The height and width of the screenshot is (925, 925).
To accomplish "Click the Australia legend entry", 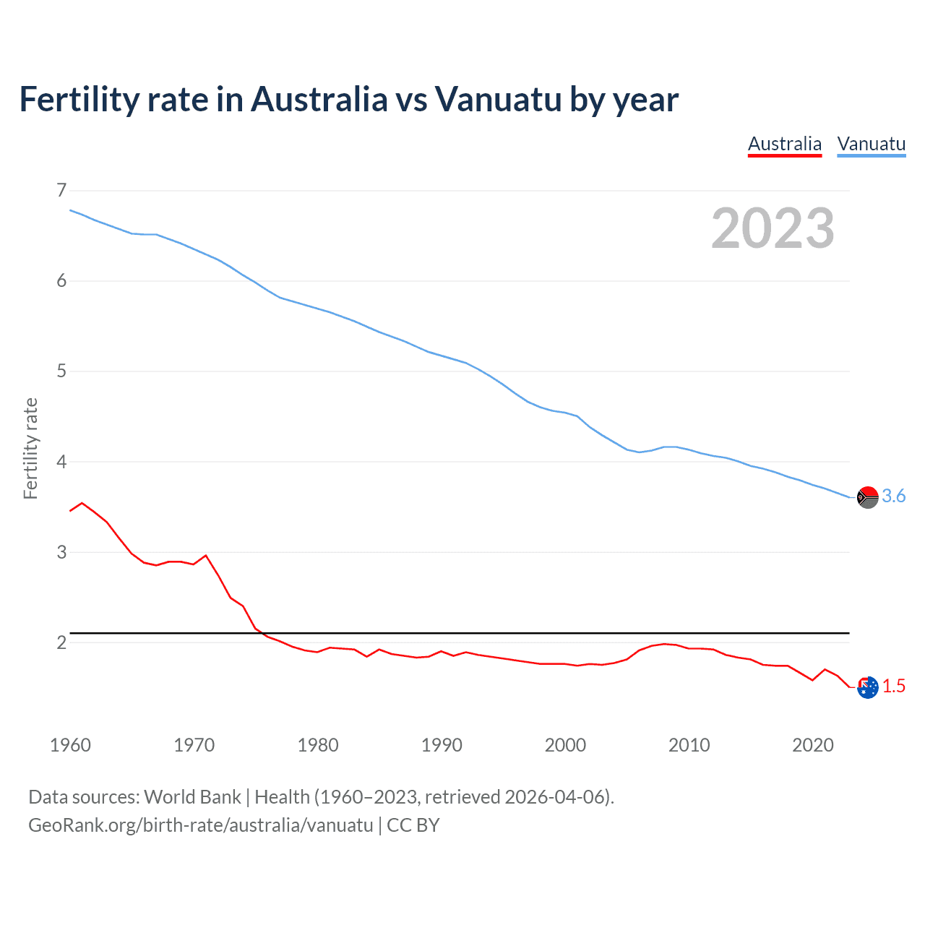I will click(x=784, y=144).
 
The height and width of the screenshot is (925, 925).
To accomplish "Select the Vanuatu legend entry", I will click(x=871, y=144).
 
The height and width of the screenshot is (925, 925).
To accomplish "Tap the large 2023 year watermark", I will click(x=773, y=228).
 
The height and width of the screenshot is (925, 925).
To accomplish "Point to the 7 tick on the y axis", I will click(x=61, y=190).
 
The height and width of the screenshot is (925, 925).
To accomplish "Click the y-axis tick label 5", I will click(x=61, y=371).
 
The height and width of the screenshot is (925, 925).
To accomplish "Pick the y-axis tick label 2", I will click(x=61, y=642).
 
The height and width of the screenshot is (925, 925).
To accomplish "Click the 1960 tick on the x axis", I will click(x=70, y=745).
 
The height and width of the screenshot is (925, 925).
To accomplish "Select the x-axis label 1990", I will click(x=442, y=745).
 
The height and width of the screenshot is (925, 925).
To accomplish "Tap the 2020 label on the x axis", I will click(x=813, y=745).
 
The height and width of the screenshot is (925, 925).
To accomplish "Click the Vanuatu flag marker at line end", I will click(x=867, y=497).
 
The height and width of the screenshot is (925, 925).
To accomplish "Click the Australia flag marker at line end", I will click(x=867, y=687).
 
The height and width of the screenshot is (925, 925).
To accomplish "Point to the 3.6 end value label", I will click(x=894, y=496).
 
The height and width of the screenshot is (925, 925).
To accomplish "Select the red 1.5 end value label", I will click(x=894, y=687).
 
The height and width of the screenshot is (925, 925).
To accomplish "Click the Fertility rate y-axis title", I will click(x=30, y=448).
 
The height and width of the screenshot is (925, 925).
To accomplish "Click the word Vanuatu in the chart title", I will click(x=498, y=100).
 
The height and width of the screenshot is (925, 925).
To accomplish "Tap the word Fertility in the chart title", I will click(x=77, y=100).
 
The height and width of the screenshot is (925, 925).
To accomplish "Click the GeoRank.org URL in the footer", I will click(x=200, y=825).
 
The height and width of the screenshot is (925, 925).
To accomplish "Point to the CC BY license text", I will click(x=413, y=825).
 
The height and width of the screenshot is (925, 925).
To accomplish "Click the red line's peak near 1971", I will click(x=206, y=555).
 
